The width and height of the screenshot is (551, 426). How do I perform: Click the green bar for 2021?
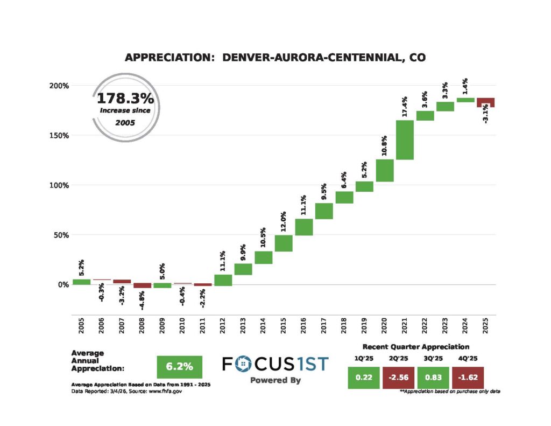point(405,140)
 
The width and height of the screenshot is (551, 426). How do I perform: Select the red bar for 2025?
point(486,102)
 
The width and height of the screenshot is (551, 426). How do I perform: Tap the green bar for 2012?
point(223,280)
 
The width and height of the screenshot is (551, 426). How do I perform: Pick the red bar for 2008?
point(143,285)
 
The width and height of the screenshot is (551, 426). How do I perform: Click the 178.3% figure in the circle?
point(125,99)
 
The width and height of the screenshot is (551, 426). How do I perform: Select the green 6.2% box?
point(179,367)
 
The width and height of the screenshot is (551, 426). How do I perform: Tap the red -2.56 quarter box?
point(399,378)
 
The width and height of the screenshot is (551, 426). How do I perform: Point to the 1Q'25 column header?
point(364,358)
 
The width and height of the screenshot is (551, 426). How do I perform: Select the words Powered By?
point(275,380)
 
